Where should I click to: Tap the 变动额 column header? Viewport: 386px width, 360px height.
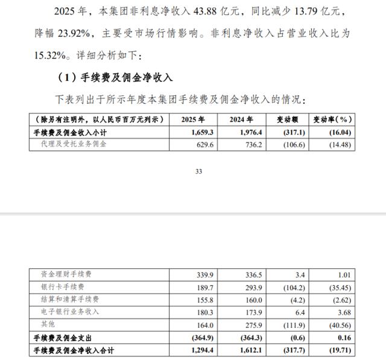(x=288, y=119)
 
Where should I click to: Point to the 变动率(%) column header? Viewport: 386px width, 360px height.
(x=332, y=119)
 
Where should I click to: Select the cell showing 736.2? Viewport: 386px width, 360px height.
(x=247, y=144)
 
